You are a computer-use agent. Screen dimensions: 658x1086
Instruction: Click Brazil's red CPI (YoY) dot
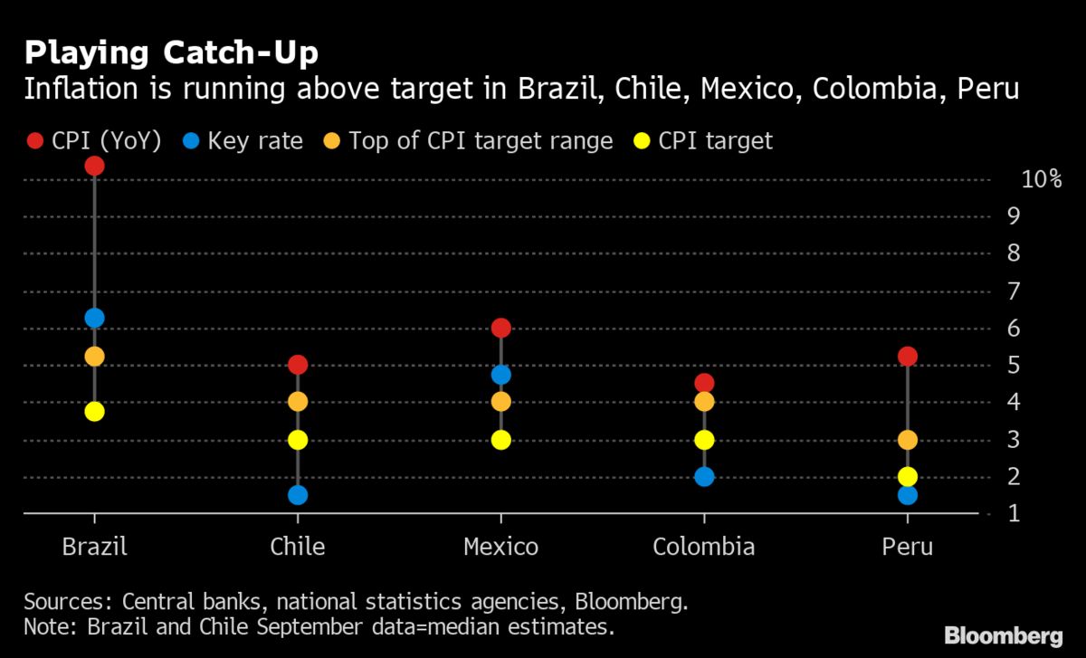(x=94, y=166)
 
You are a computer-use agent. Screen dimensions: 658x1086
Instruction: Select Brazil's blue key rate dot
(x=94, y=318)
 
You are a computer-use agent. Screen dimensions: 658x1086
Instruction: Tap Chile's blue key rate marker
(x=298, y=495)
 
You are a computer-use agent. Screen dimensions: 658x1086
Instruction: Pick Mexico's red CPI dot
(x=501, y=328)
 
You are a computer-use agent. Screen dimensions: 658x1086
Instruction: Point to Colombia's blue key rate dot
(x=704, y=477)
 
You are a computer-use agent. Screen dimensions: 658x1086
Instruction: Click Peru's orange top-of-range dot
(x=908, y=440)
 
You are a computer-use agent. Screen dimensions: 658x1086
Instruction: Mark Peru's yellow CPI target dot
(x=908, y=477)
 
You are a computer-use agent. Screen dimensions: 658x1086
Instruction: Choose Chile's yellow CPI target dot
(x=298, y=440)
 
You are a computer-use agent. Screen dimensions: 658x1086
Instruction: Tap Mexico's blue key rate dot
(x=501, y=375)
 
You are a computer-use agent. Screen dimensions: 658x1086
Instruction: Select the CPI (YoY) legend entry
(x=94, y=141)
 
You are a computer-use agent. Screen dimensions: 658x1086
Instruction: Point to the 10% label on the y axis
(x=1041, y=179)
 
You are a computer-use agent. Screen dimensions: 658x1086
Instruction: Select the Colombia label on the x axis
(x=703, y=547)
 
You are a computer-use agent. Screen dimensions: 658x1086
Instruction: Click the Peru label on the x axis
(x=907, y=547)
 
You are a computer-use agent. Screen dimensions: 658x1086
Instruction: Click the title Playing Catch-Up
(x=171, y=53)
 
